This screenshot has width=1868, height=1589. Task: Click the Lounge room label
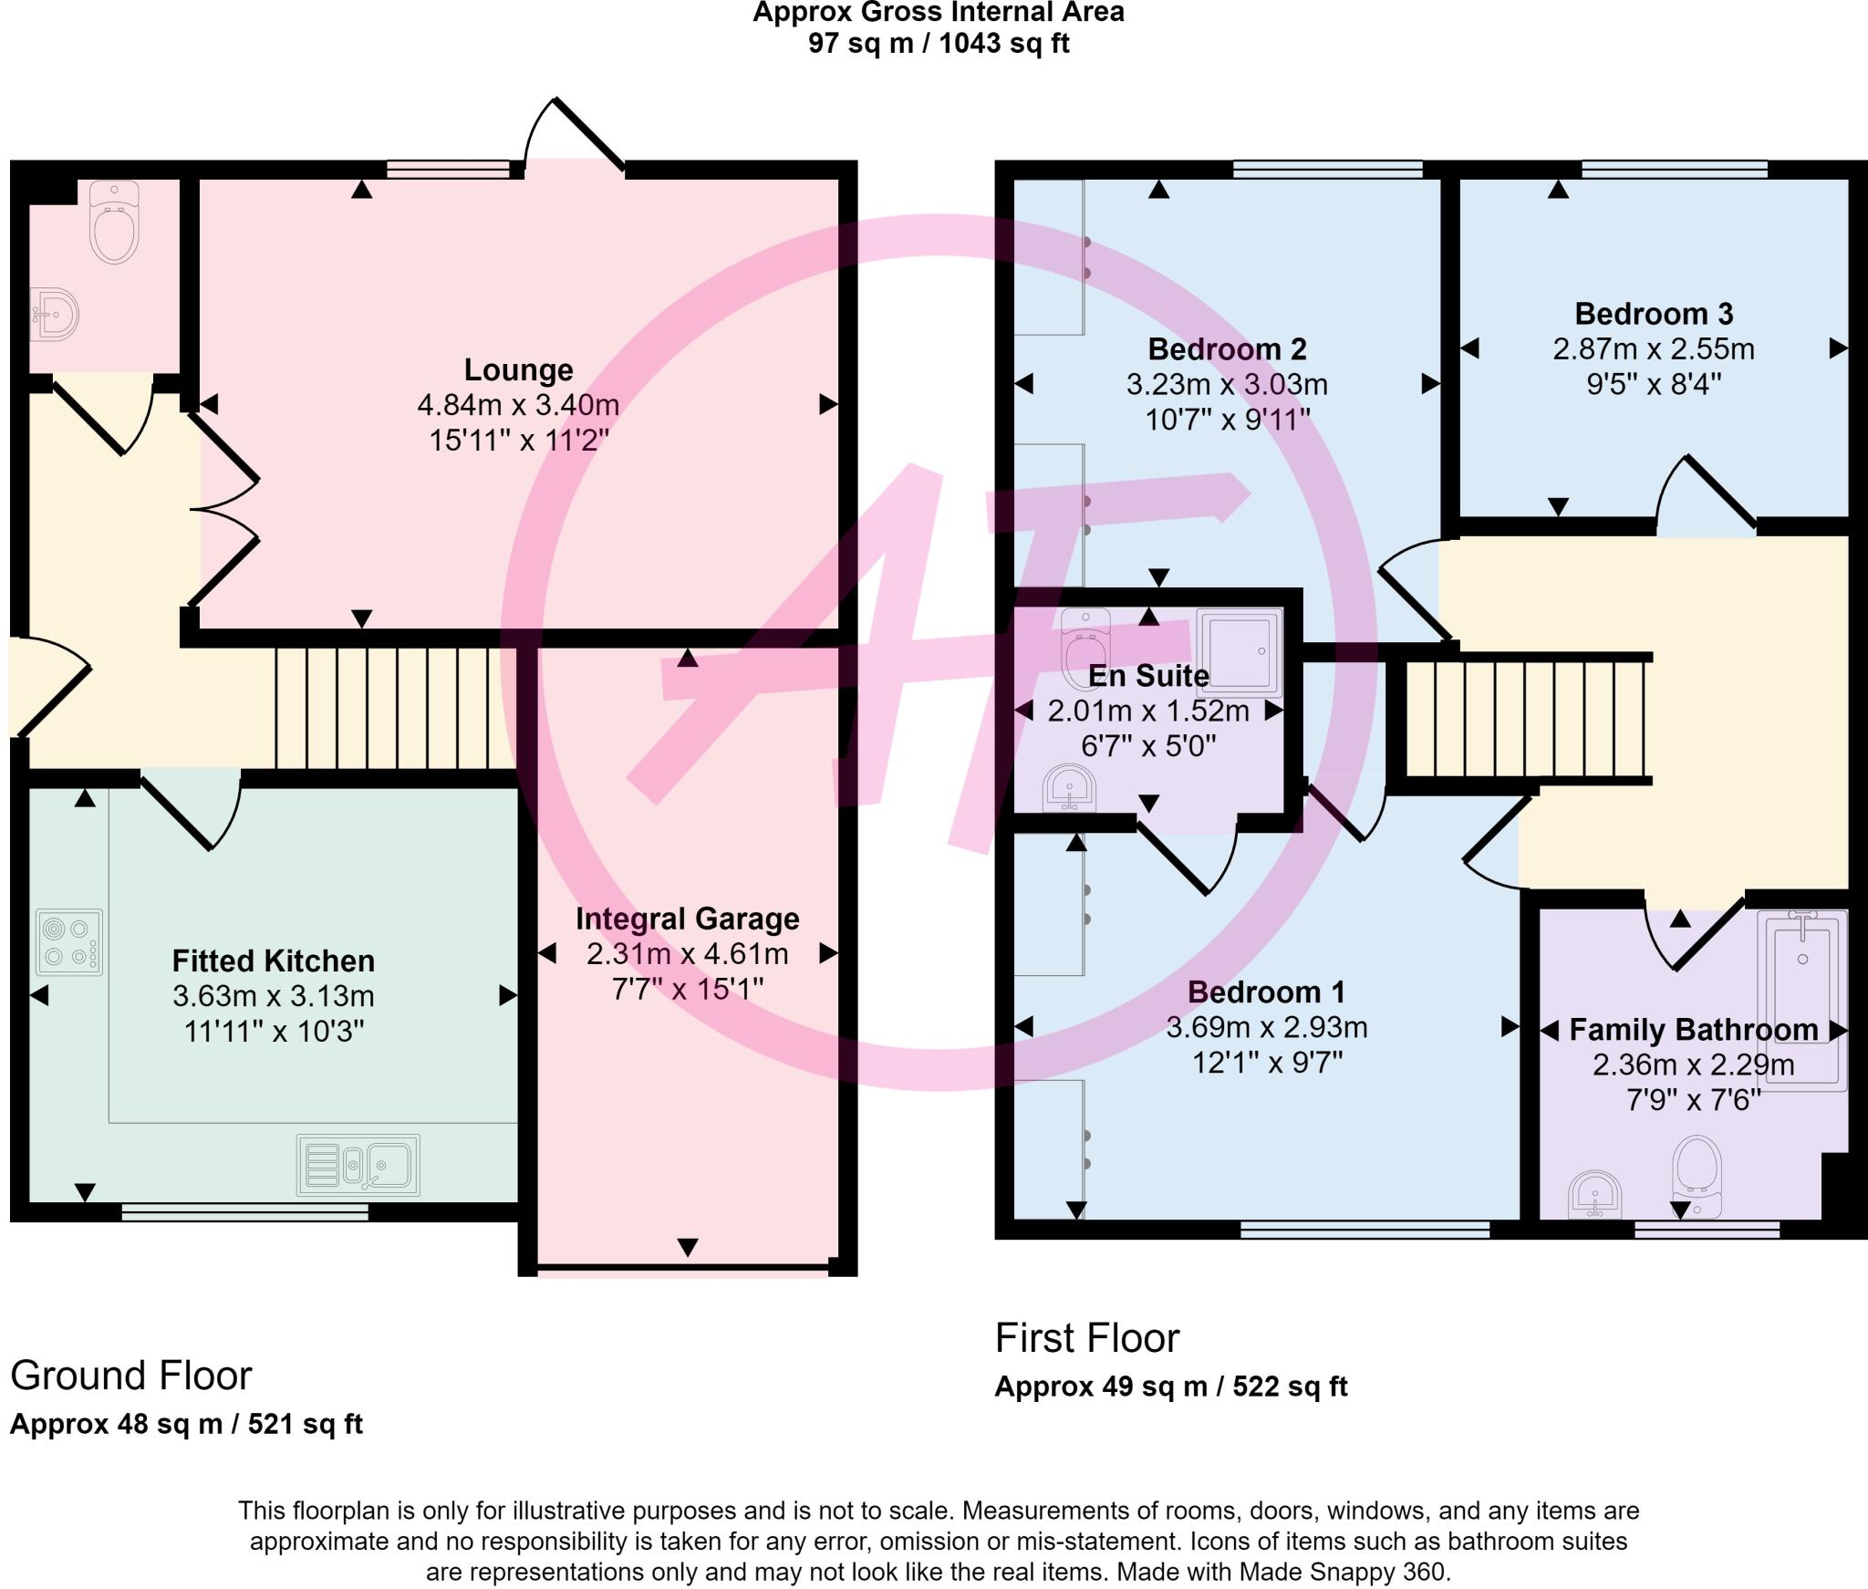(x=518, y=369)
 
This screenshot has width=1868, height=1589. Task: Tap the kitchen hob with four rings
(x=69, y=942)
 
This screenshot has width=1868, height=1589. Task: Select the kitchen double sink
(x=358, y=1165)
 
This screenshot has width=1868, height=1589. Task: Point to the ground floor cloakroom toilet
(x=114, y=222)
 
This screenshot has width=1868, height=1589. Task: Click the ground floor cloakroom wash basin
(x=54, y=316)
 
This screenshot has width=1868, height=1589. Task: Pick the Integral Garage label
(x=687, y=919)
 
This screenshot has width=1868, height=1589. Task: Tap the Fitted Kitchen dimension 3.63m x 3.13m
(x=274, y=996)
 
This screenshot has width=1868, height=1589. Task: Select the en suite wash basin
(x=1070, y=787)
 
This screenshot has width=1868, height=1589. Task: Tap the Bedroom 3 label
(x=1654, y=314)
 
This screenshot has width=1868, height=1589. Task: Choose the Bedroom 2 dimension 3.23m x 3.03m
(x=1227, y=384)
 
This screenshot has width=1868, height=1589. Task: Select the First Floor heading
(x=1087, y=1338)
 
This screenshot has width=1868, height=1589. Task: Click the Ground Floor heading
(x=130, y=1376)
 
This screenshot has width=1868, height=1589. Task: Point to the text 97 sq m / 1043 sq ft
(x=939, y=43)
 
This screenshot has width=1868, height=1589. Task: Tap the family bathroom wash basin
(x=1595, y=1194)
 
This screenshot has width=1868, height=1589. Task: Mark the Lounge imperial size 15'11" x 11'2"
(x=519, y=441)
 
